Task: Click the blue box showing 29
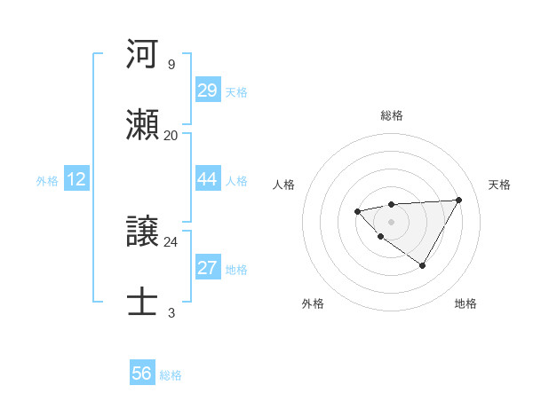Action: (208, 90)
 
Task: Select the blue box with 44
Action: (208, 179)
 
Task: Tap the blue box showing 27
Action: (208, 268)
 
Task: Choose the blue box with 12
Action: (76, 179)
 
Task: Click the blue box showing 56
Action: (142, 374)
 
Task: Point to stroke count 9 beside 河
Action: (171, 65)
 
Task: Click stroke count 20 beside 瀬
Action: (171, 135)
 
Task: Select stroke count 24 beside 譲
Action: (171, 241)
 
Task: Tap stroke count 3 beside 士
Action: (171, 312)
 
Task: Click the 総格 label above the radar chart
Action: (392, 115)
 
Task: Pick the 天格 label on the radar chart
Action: (499, 185)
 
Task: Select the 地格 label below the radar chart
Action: (465, 303)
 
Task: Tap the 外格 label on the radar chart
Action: (313, 303)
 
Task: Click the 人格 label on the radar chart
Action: (284, 185)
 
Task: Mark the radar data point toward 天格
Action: (458, 200)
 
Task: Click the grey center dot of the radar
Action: (391, 221)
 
